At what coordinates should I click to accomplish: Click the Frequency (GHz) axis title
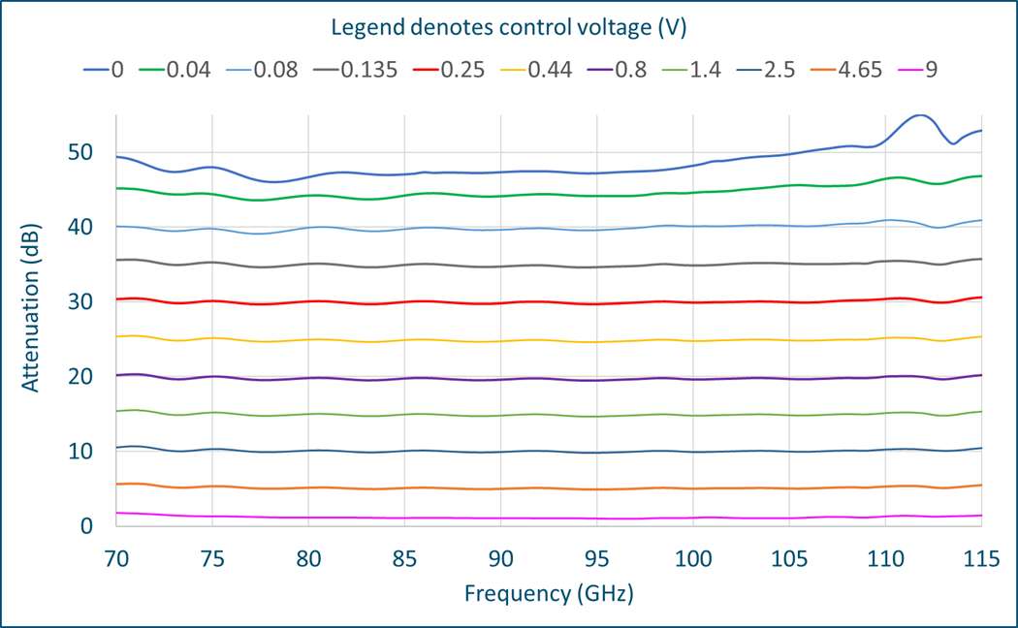click(x=549, y=592)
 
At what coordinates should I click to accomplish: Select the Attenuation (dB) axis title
click(x=31, y=321)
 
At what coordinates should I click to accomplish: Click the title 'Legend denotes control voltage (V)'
click(x=509, y=27)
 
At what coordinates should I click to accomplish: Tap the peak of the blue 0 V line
click(x=919, y=115)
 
